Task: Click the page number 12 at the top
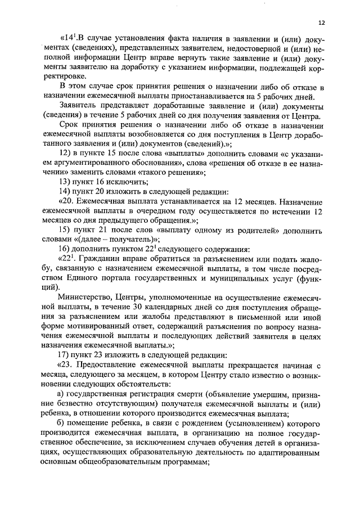point(321,23)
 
